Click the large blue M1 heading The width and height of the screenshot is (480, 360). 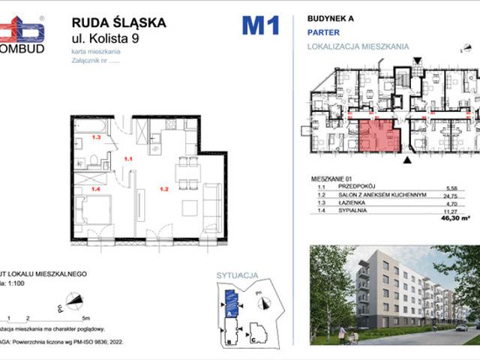260,26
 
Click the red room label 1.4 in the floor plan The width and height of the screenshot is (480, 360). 95,188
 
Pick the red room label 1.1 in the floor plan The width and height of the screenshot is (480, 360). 128,159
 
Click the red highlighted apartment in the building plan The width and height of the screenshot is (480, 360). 376,136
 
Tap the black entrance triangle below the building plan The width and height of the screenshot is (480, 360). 407,159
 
